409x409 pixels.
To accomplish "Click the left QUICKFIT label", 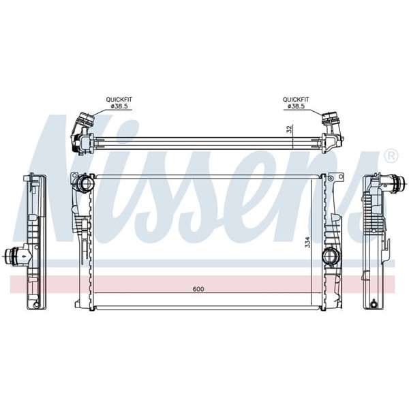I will (x=119, y=100).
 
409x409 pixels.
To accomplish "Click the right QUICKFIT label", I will (x=296, y=100).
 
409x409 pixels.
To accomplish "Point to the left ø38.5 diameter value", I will (x=119, y=107).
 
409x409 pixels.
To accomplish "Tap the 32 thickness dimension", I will (x=289, y=128).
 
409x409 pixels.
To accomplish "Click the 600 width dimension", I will (x=198, y=289).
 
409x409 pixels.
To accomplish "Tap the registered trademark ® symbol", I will (x=391, y=156).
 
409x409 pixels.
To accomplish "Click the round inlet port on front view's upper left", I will (x=86, y=183).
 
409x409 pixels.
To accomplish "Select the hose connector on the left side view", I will (x=14, y=256).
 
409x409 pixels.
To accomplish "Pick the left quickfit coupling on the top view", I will (x=82, y=130).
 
